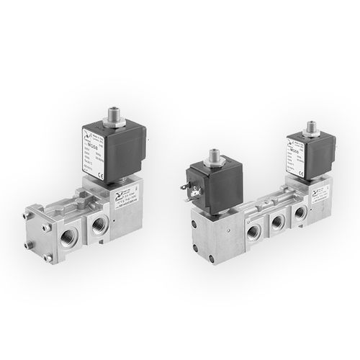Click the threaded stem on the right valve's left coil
point(215,158)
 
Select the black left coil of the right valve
point(217,184)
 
